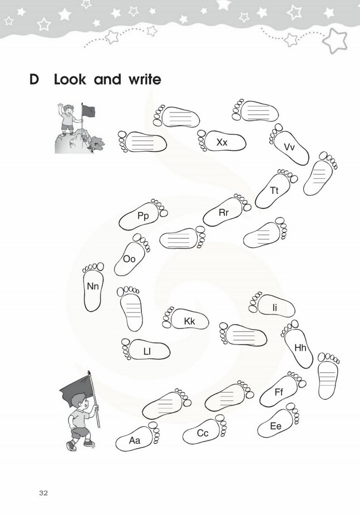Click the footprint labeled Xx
point(222,141)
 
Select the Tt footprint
point(275,189)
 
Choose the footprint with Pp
point(143,215)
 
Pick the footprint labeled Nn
point(93,287)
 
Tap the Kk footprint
point(186,318)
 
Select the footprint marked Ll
point(146,350)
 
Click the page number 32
point(43,493)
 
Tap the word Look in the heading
point(70,80)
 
